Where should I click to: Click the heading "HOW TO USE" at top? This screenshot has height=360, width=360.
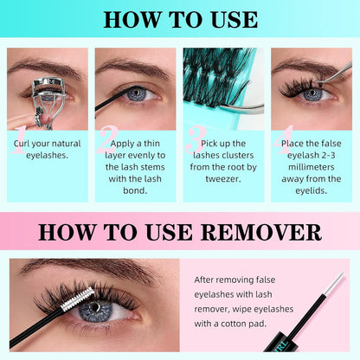180,19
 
